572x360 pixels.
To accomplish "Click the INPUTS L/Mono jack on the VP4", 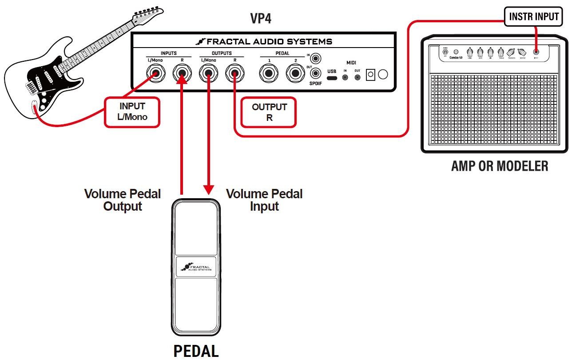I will pos(155,73).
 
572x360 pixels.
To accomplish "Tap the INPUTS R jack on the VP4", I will pos(182,73).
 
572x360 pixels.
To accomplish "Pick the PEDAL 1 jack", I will pos(269,73).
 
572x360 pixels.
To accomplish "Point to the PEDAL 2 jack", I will pos(294,73).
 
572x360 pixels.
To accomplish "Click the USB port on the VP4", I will pos(332,78).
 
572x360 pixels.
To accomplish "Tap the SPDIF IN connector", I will pos(316,58).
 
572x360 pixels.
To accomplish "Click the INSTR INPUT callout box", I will pos(534,16).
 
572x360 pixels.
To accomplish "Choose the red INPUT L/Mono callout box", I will pos(132,112).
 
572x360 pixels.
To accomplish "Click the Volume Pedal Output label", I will pos(123,200).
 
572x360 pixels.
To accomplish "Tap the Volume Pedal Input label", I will pos(264,200).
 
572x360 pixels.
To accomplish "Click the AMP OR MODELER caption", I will pos(499,166).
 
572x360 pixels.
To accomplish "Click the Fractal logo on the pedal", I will pos(196,267).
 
